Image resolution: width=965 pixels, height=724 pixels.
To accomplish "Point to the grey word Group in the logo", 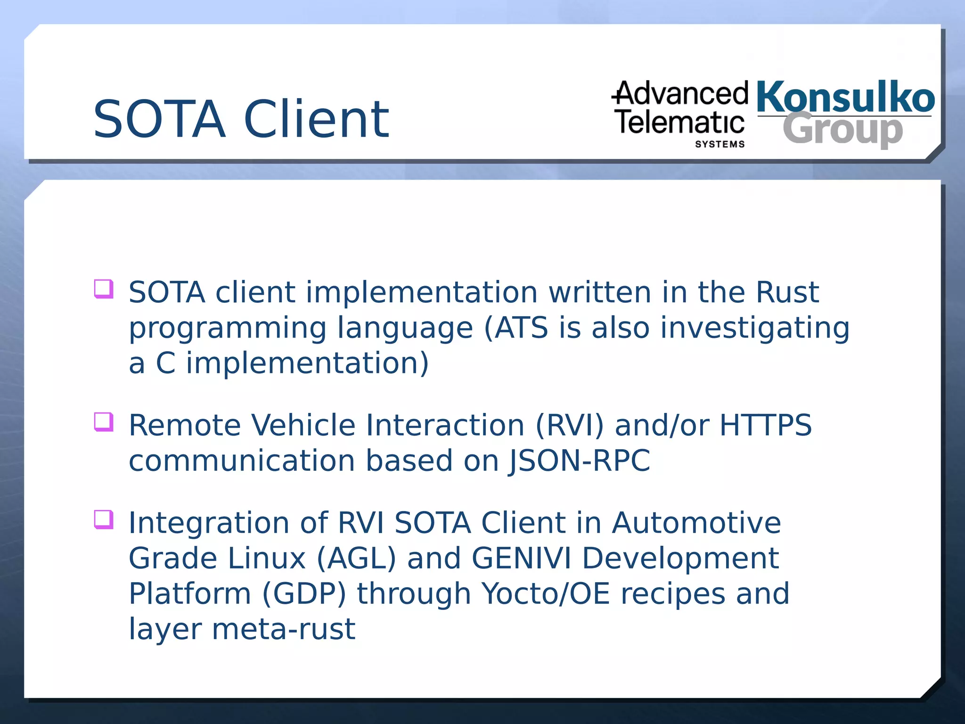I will click(842, 130).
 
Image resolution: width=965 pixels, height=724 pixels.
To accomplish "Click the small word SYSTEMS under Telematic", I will click(720, 144).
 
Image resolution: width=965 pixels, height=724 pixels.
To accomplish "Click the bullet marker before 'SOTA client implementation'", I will click(104, 289).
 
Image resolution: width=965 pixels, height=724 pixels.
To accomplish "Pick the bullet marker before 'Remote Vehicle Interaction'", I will click(104, 422).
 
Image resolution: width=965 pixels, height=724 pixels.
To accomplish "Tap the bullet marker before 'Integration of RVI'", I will click(104, 519).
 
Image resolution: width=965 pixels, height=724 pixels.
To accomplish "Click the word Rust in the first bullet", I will click(787, 292).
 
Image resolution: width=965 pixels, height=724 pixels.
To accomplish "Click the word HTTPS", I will click(766, 425).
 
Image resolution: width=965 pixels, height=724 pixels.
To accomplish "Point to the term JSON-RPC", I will click(580, 461).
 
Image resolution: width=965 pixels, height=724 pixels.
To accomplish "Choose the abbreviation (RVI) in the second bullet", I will click(569, 425).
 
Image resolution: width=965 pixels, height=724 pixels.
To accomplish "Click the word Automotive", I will click(696, 523).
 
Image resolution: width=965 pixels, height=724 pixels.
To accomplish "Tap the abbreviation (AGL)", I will click(356, 558).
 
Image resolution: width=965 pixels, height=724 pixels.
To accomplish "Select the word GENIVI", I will click(521, 558).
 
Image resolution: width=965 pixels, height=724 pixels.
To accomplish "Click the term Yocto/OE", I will click(546, 593).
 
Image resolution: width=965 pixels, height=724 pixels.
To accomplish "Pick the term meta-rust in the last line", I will click(284, 629).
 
